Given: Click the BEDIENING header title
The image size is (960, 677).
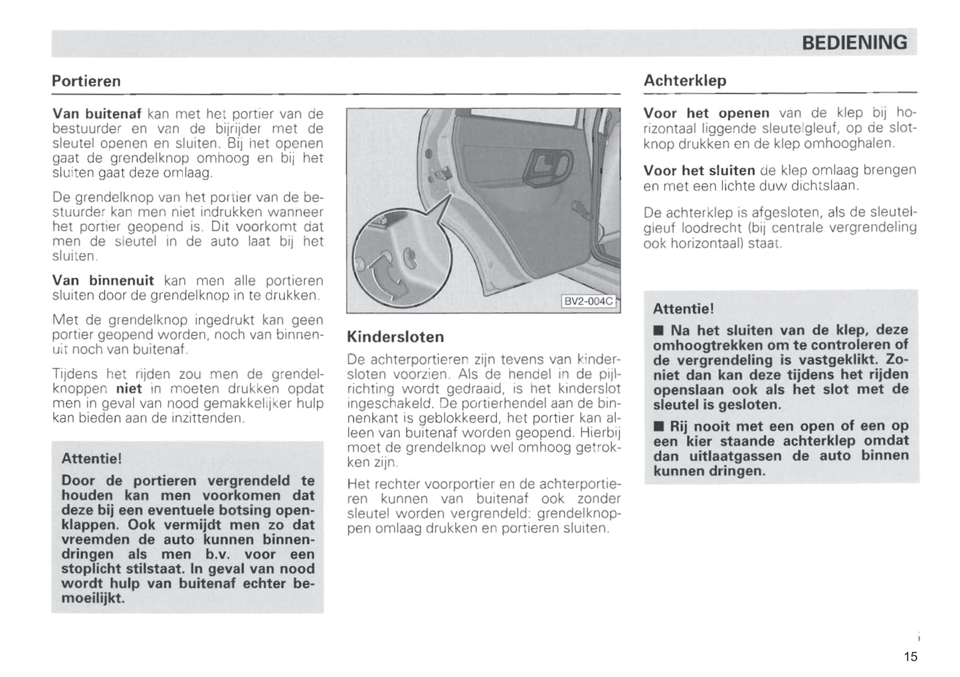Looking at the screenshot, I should point(854,43).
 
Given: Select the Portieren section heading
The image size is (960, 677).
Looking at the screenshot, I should point(86,81).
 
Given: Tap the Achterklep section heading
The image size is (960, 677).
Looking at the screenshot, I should point(685,80).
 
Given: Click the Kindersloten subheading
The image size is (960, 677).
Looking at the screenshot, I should point(395,336).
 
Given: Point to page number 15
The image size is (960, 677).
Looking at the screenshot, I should point(910,656).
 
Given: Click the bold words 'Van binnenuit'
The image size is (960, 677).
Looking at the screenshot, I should point(102,280).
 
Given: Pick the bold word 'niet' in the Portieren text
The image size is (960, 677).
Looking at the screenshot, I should point(129,388).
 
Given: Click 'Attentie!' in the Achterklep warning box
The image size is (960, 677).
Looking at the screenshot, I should point(683,309).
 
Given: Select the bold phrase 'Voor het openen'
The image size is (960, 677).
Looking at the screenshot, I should point(706,112).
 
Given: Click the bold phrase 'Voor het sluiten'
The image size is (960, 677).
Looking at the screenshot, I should point(699,171).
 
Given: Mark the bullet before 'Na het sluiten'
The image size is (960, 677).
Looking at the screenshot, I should point(658,330).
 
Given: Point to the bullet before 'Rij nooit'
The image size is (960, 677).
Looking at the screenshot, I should point(658,426).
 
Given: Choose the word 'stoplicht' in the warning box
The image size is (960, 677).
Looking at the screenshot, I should point(89,569).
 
